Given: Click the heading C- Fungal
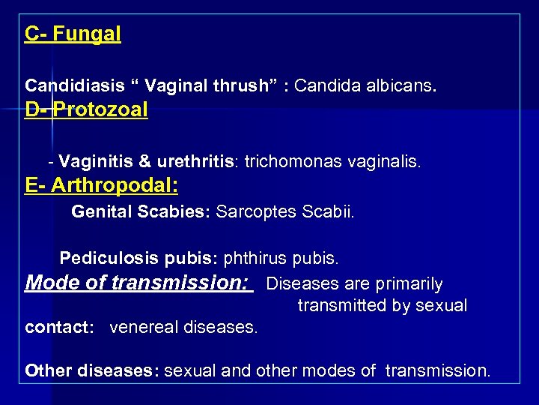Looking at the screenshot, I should [73, 34].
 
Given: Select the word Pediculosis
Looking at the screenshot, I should [104, 259].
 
